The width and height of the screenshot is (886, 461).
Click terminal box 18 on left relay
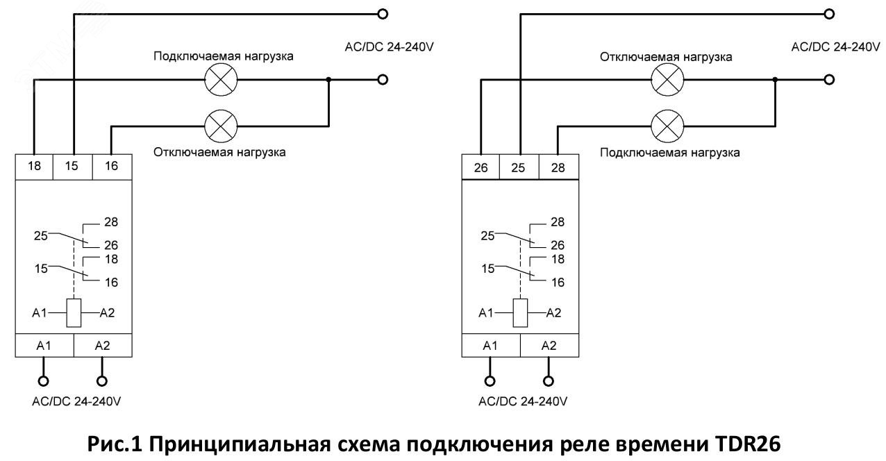coord(33,167)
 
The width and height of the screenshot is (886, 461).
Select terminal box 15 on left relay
coord(73,167)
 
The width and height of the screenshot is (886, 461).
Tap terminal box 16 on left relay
coord(112,167)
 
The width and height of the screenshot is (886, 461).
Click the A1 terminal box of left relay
coord(44,346)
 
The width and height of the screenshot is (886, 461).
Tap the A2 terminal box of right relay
coord(549,346)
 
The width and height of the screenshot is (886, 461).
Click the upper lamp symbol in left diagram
coord(221,80)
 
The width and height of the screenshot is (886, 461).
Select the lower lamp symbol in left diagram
coord(221,126)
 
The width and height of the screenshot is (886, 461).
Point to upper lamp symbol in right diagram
coord(667,80)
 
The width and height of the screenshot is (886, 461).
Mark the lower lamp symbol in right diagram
coord(667,126)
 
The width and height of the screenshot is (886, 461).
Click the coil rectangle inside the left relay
coord(74,312)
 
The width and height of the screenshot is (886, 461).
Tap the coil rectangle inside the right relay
coord(520,312)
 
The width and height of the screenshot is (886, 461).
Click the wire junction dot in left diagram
coord(328,80)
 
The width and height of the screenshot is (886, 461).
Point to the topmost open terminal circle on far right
coord(828,14)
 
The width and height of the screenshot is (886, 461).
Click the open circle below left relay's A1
coord(44,381)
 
